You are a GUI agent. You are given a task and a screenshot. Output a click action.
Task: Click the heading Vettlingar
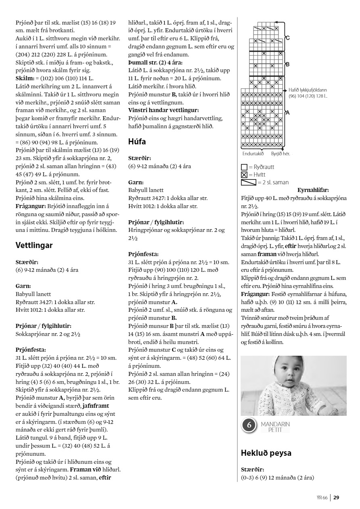click(x=34, y=245)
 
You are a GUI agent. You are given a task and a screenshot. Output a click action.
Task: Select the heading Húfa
click(x=137, y=142)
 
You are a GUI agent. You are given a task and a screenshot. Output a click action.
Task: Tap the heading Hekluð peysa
click(x=266, y=453)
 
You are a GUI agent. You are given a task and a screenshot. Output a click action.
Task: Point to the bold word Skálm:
click(x=24, y=78)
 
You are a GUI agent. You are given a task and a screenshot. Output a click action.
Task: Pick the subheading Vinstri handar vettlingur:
click(x=163, y=110)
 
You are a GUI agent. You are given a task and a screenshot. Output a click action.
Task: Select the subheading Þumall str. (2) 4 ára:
click(x=155, y=63)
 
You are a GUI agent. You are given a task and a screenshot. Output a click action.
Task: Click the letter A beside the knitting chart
click(x=287, y=113)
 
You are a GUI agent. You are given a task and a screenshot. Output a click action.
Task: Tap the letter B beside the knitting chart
click(x=287, y=64)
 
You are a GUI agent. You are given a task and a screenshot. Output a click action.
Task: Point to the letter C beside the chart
click(x=287, y=38)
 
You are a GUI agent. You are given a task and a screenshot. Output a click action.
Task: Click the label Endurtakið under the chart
click(x=253, y=154)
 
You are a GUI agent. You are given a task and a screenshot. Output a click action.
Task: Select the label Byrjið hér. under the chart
click(x=280, y=154)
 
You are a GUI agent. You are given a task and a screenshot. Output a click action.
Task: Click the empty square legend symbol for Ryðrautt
click(x=244, y=167)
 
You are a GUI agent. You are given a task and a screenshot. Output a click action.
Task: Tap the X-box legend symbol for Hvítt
click(x=244, y=174)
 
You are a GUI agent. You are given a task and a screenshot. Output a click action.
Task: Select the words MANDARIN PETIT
click(x=275, y=427)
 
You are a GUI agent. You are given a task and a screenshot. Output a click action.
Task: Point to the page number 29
click(x=336, y=497)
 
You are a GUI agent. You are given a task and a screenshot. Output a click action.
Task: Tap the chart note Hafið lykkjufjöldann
click(x=308, y=90)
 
